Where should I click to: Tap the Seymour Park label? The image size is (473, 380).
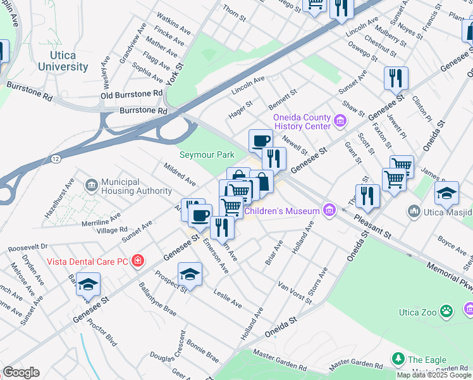206,155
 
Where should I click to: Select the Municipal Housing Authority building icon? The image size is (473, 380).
92,184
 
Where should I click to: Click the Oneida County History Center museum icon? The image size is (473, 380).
340,120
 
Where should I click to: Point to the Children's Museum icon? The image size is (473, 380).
328,210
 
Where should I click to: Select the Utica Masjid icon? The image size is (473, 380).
414,210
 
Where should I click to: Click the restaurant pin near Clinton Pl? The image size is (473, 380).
396,79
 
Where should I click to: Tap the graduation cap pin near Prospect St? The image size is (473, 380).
190,274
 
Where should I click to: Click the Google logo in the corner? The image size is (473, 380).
21,372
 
